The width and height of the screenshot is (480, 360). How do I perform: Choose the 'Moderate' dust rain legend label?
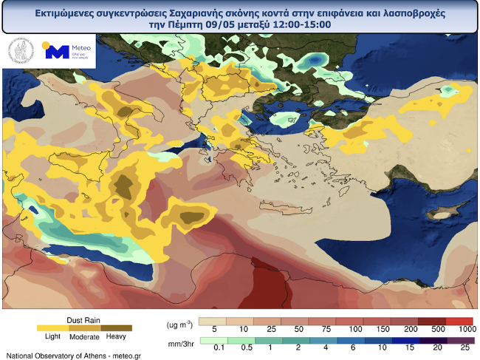(84, 337)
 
